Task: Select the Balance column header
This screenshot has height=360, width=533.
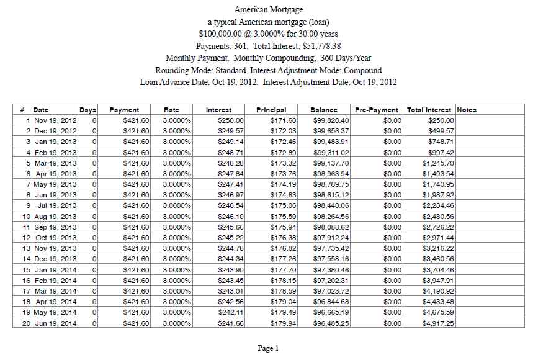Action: tap(324, 110)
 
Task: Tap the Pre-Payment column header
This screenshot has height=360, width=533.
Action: tap(378, 110)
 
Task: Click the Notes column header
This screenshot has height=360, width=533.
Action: tap(467, 110)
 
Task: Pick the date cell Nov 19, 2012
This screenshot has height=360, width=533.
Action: tap(55, 120)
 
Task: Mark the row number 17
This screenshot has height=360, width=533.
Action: tap(27, 291)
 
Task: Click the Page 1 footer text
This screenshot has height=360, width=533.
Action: tap(268, 348)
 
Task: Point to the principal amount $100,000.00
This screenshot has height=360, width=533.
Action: tap(223, 34)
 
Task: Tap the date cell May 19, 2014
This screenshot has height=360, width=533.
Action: tap(55, 313)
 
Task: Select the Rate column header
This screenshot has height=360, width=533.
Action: tap(171, 110)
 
